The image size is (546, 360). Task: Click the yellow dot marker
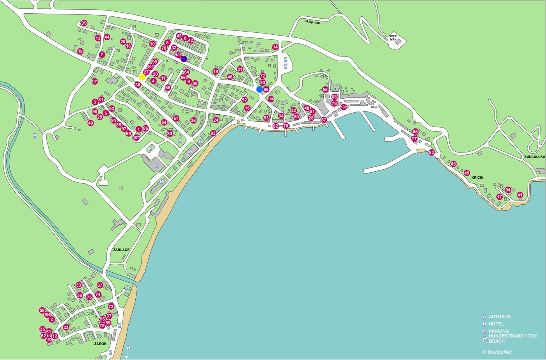click(x=142, y=77)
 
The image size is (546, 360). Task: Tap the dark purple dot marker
click(x=184, y=59)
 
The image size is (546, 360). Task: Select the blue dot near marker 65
click(x=260, y=89)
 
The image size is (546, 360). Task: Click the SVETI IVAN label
click(x=393, y=38)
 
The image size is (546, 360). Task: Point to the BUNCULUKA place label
click(x=534, y=157)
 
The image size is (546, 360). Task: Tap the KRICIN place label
click(x=477, y=177)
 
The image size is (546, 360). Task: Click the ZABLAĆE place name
click(x=121, y=250)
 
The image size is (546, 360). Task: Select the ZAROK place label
click(x=100, y=344)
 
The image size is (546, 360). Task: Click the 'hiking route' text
click(x=312, y=23)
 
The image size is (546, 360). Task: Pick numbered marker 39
click(x=84, y=23)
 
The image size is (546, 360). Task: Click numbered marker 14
click(x=275, y=47)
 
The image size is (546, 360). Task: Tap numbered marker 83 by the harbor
click(x=431, y=153)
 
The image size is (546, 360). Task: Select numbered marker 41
click(x=520, y=195)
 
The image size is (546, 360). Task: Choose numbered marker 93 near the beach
click(x=213, y=133)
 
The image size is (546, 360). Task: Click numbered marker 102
click(x=344, y=107)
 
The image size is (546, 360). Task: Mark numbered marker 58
click(x=42, y=310)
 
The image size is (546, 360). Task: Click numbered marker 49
click(x=90, y=123)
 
